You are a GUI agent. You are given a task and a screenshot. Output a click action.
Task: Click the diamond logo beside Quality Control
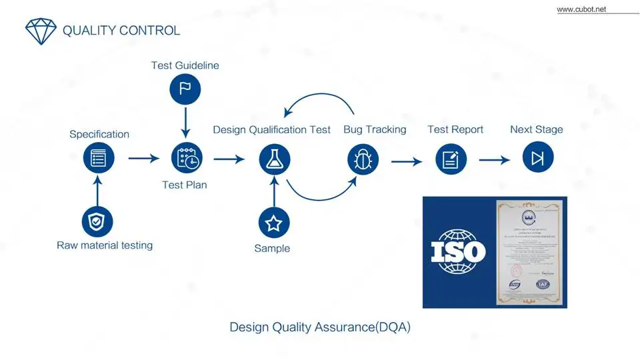coord(41,31)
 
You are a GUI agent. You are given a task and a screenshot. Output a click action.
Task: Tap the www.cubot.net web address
coord(581,9)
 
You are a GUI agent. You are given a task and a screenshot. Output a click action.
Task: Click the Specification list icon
coord(99,159)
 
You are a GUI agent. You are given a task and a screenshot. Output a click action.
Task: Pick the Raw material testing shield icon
coord(97,222)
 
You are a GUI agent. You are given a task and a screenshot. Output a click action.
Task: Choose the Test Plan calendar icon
coord(187,159)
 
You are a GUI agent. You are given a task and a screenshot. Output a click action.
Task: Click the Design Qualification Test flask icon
coord(273,159)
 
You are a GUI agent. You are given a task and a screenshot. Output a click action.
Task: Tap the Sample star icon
coord(273,223)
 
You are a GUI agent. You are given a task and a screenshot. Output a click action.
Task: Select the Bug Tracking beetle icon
coord(363,160)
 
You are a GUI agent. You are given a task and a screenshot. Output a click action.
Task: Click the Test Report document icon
coord(451,160)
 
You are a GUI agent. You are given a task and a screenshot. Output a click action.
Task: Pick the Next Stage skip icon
coord(537,159)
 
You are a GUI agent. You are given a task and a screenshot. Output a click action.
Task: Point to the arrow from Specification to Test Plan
coord(143,159)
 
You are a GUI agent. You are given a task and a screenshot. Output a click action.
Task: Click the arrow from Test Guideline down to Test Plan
coord(186,123)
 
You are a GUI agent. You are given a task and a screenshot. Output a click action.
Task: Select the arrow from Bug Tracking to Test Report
coord(407,161)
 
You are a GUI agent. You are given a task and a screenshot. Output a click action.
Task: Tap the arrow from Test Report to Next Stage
coord(494,160)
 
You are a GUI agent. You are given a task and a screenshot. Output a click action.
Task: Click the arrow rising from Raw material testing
coord(98,191)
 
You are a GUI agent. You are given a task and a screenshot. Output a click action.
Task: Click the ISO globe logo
coord(458,252)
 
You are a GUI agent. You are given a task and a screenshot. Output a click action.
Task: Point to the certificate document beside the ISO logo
coord(530,252)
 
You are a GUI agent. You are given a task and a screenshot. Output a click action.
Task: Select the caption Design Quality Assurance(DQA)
coord(320,327)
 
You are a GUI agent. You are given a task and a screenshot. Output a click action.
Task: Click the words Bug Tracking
coord(375,129)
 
